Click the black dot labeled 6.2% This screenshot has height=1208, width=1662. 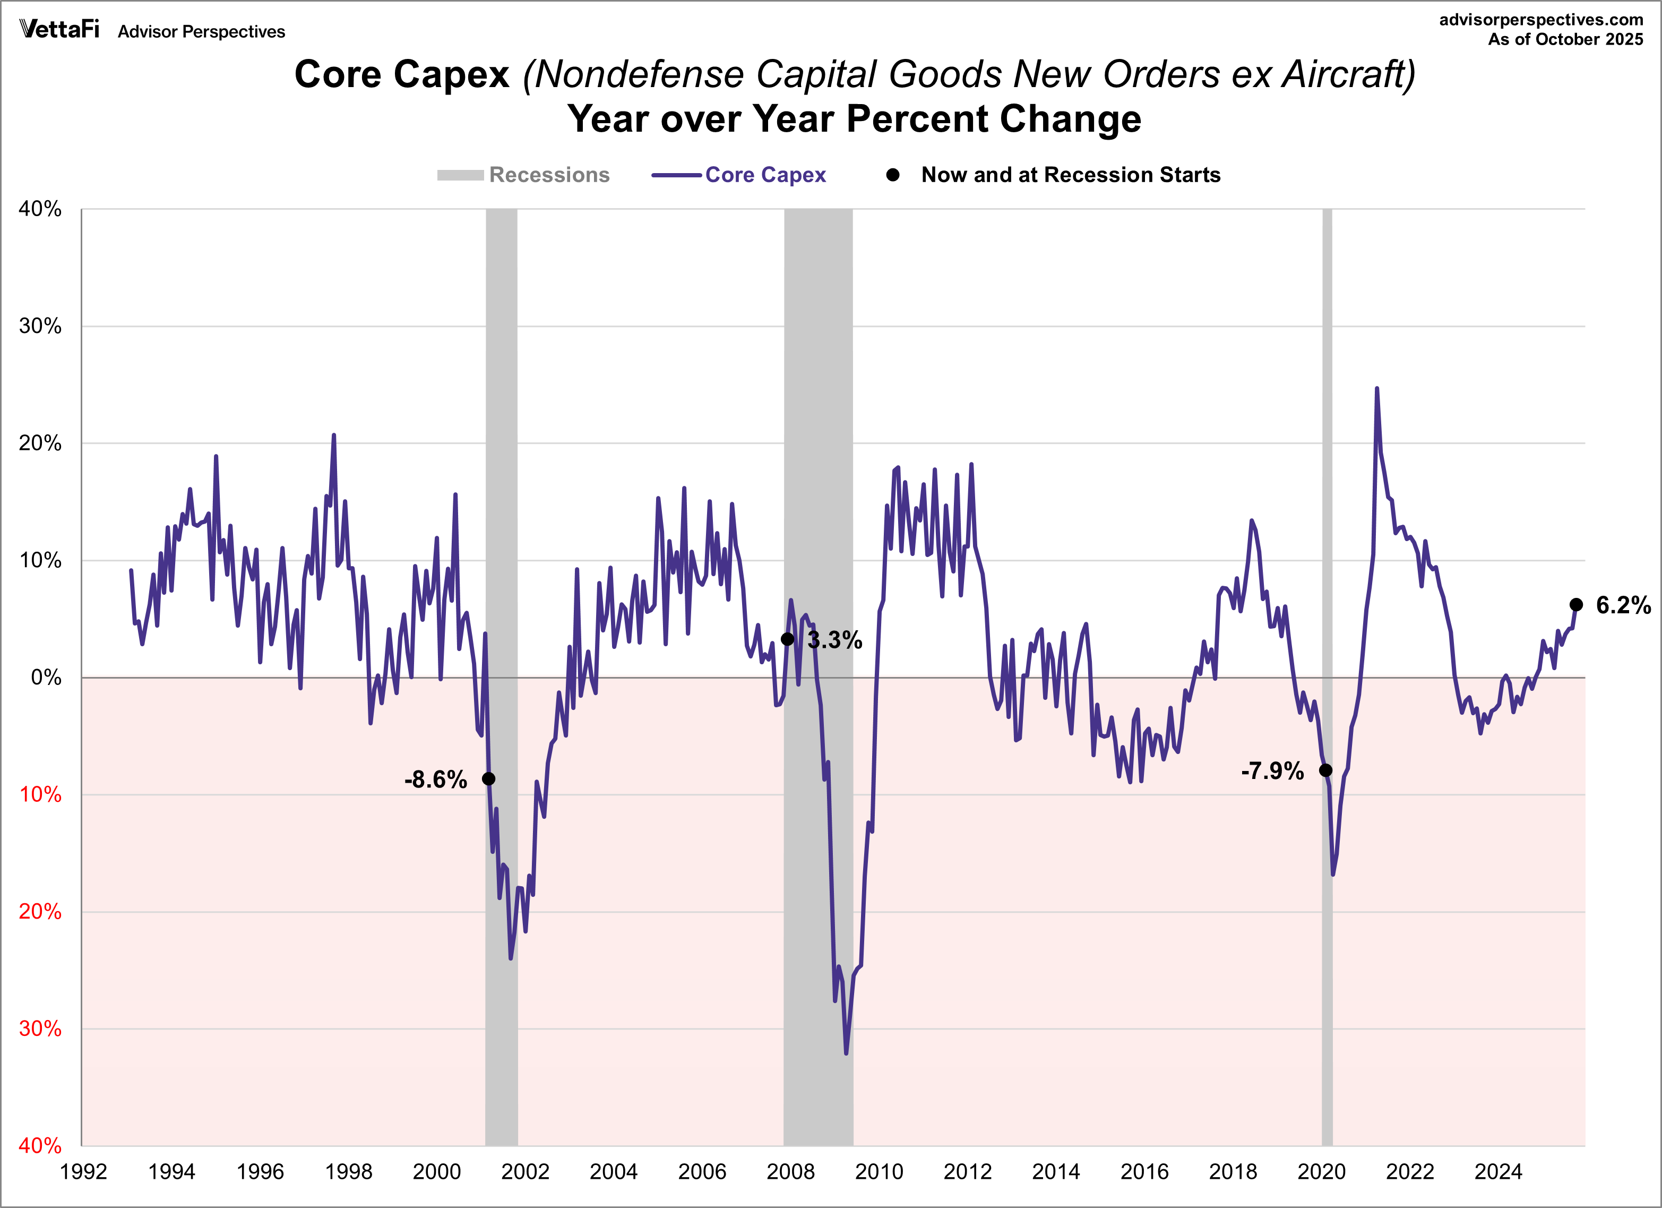click(1576, 605)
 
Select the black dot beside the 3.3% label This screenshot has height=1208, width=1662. click(788, 639)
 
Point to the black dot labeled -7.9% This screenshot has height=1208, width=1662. click(1325, 770)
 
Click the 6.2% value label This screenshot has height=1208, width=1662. click(1623, 605)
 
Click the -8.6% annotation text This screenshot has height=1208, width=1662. click(435, 779)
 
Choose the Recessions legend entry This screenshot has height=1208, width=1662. click(523, 175)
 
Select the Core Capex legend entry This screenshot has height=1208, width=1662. click(739, 175)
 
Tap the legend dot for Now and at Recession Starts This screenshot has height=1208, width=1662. click(892, 175)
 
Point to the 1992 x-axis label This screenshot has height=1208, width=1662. click(83, 1172)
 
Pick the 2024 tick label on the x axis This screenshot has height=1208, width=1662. click(1498, 1172)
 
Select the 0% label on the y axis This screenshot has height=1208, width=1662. click(46, 678)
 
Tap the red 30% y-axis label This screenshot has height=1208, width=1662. click(40, 1029)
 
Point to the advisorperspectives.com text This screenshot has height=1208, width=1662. click(1540, 20)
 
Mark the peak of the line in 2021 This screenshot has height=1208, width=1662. click(1377, 389)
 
